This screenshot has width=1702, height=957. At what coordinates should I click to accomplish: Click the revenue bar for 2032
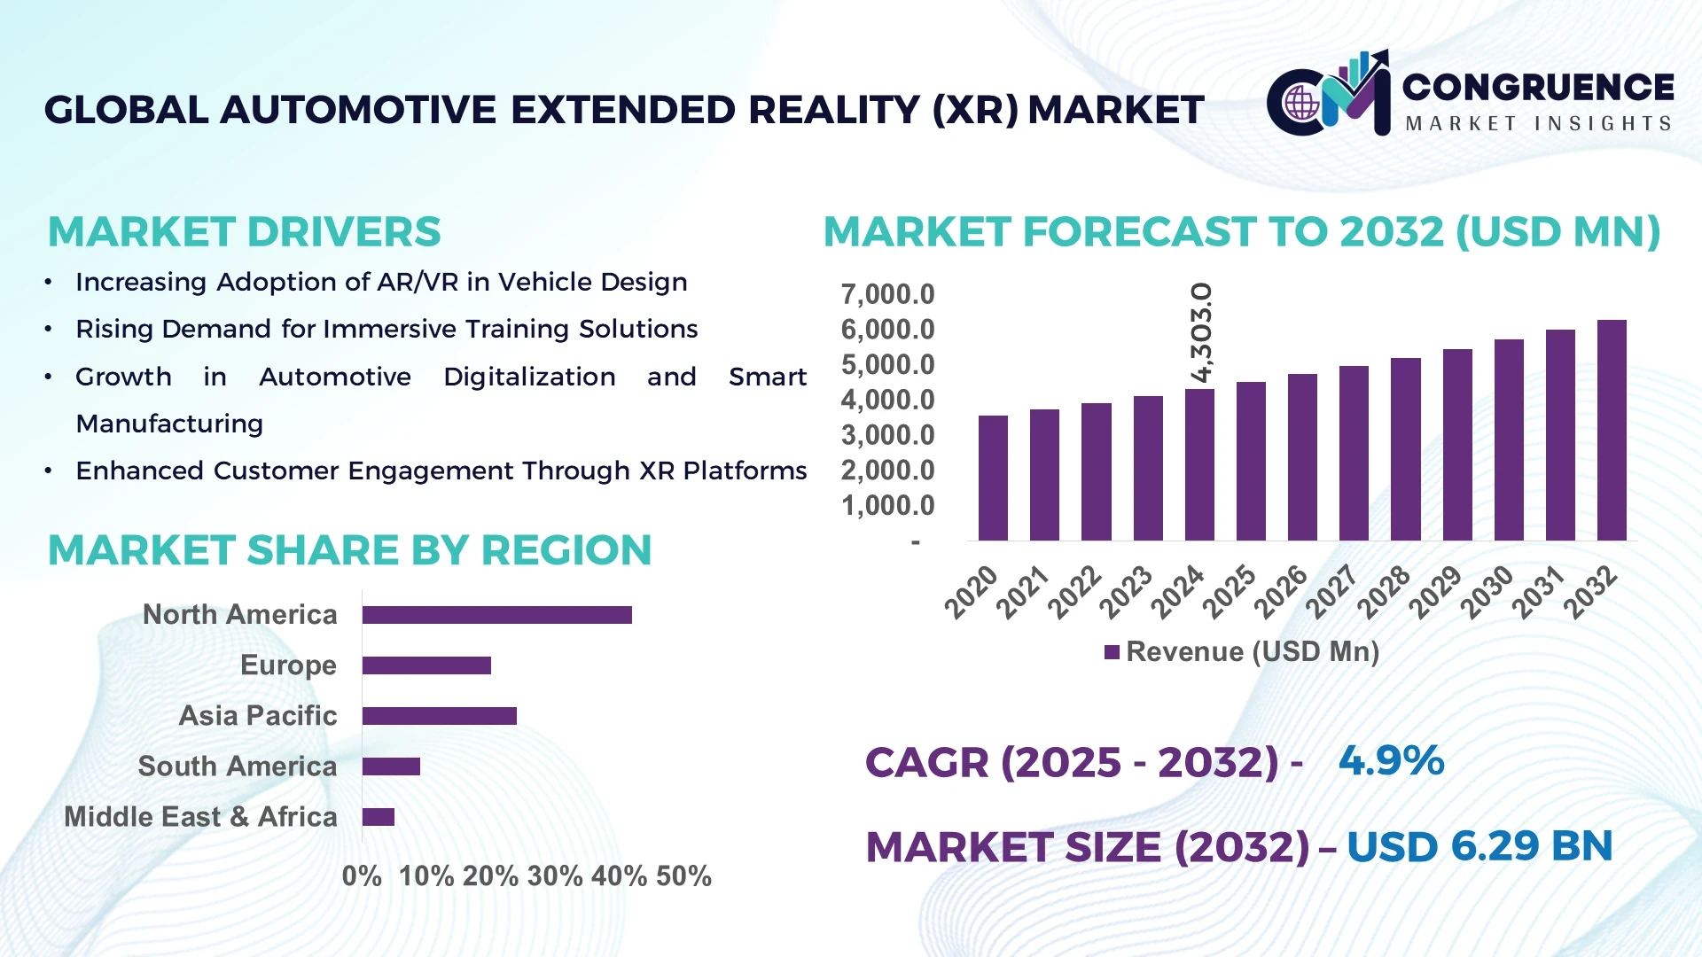[1611, 431]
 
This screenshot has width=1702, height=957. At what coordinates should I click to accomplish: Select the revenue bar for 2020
[993, 478]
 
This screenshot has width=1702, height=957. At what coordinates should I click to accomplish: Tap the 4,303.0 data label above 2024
[1201, 333]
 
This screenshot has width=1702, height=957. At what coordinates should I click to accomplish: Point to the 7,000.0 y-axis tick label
[887, 294]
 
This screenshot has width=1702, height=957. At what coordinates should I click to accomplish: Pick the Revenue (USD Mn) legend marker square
[1112, 653]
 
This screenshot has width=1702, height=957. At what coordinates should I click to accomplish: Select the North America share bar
[496, 615]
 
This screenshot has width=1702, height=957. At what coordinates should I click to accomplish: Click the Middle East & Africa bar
[379, 817]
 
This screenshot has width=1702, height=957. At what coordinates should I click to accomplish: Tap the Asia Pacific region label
[258, 716]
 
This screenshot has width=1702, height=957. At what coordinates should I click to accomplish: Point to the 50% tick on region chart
[683, 876]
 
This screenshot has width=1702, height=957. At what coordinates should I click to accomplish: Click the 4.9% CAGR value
[1391, 761]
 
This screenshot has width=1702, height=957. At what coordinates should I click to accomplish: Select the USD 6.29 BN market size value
[1479, 846]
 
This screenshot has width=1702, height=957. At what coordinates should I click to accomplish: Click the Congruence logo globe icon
[1301, 103]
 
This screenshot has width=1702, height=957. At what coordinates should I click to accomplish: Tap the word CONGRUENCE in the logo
[1538, 87]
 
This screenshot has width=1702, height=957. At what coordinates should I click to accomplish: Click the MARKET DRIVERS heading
[244, 232]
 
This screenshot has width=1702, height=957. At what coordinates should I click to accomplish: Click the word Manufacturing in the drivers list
[169, 424]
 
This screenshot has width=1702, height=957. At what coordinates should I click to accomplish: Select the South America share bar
[391, 766]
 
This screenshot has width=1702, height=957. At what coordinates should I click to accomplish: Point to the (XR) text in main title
[975, 111]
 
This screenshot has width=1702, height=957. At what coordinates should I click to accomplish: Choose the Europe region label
[288, 665]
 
